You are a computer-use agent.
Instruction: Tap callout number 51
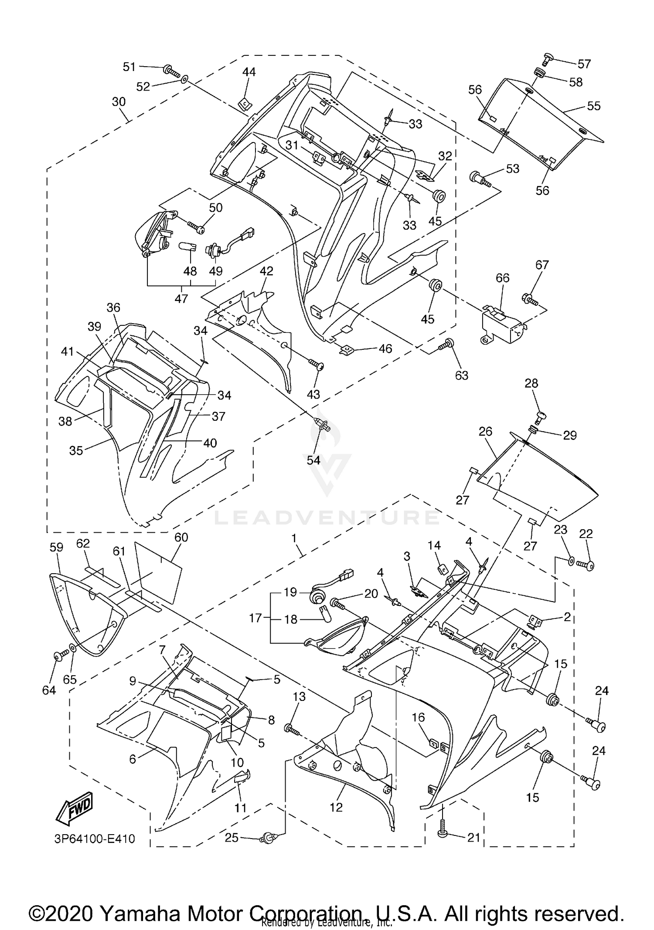(x=129, y=67)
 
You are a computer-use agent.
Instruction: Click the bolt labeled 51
(x=171, y=71)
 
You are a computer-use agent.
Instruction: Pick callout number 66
(x=502, y=277)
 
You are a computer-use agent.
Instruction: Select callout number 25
(x=232, y=837)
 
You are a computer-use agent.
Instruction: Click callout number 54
(x=313, y=460)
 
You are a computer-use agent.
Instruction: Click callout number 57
(x=584, y=64)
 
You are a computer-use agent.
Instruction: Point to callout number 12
(x=336, y=807)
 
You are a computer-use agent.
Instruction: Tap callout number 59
(x=56, y=547)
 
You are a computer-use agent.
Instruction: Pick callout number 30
(x=119, y=101)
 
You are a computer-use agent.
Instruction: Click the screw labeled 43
(x=317, y=364)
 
